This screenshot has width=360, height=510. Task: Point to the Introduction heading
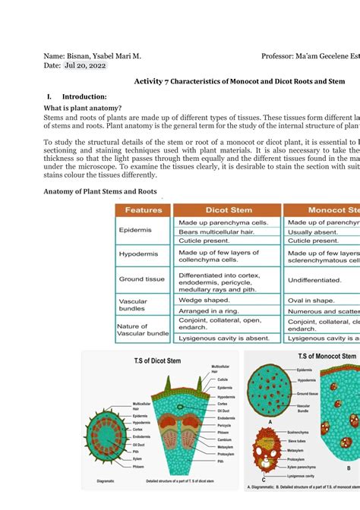(x=84, y=96)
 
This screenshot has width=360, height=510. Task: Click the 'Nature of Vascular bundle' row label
(x=143, y=329)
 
